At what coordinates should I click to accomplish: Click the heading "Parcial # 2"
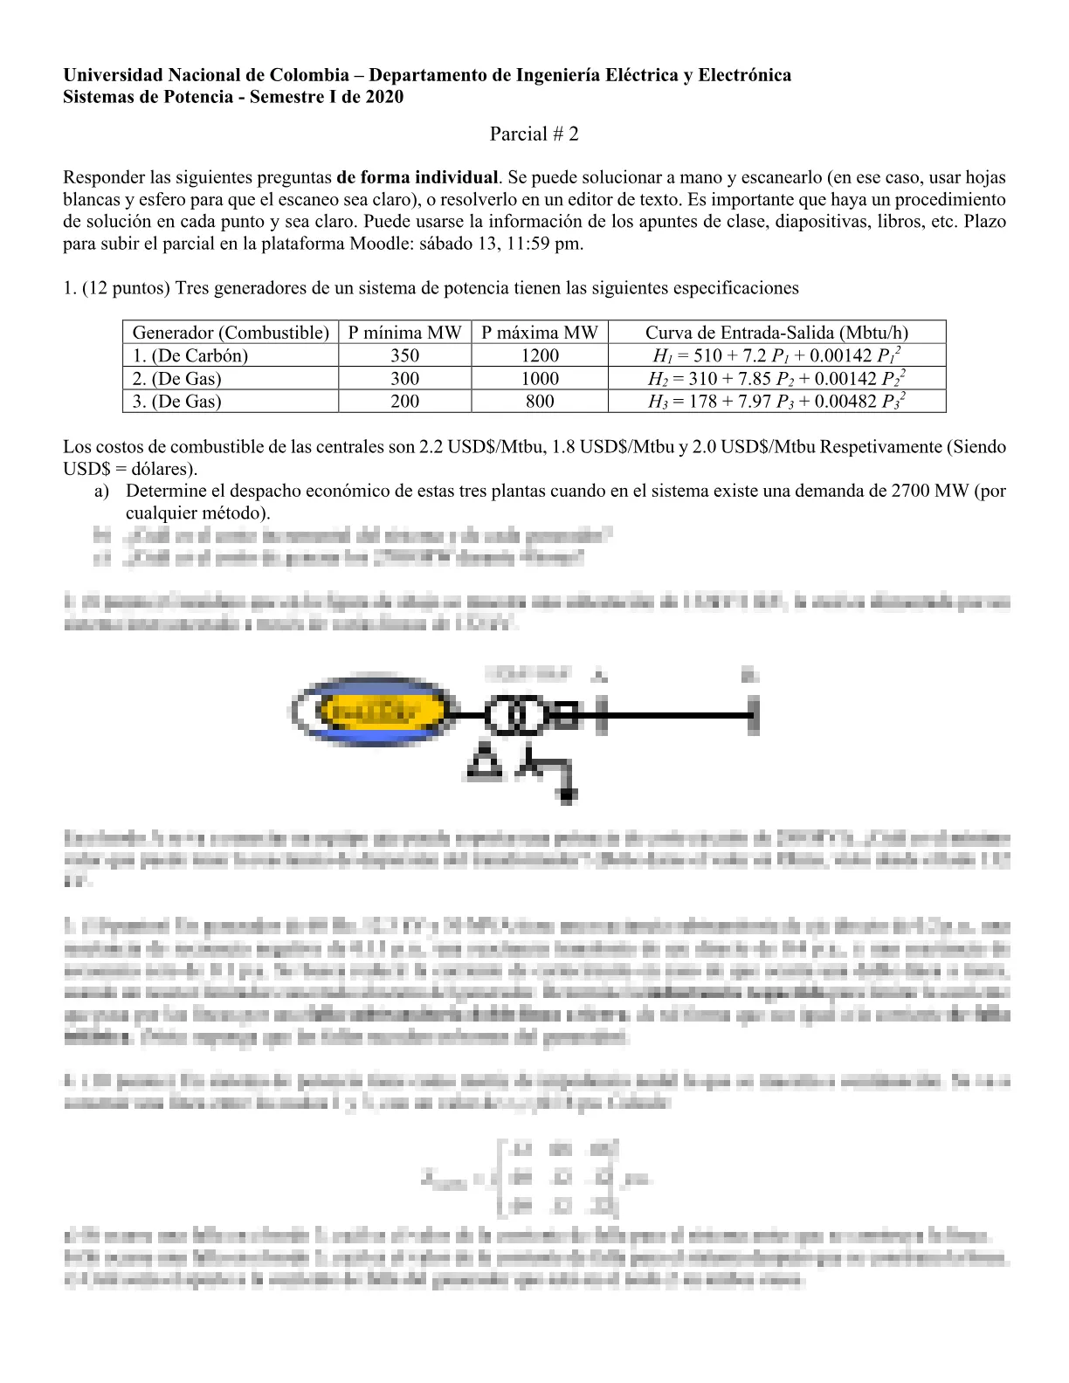click(534, 134)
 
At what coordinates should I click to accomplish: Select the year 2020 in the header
click(384, 97)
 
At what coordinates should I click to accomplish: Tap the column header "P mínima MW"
click(404, 332)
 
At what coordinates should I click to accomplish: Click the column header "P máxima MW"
click(539, 332)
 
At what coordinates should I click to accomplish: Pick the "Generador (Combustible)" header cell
click(231, 332)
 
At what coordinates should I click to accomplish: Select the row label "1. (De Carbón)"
click(190, 355)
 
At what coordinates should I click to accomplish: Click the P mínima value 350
click(404, 355)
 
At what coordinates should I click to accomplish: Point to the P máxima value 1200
click(539, 355)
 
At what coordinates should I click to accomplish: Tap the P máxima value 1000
click(539, 378)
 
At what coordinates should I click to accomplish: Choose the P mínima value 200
click(404, 401)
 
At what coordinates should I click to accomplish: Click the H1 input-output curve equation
click(776, 355)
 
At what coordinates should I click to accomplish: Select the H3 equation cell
click(776, 401)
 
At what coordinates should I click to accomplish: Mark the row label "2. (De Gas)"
click(177, 378)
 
